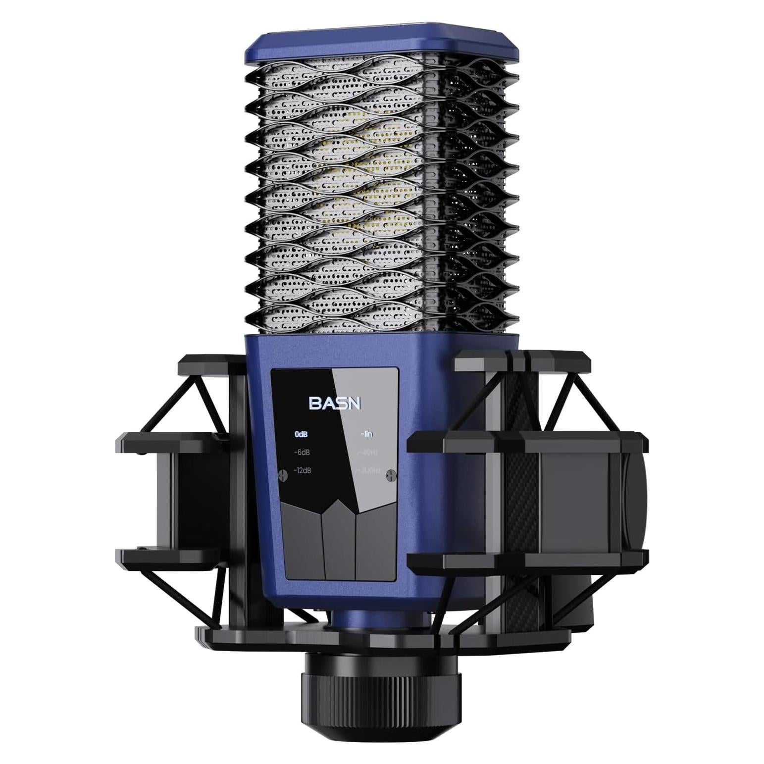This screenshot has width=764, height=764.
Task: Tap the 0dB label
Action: click(301, 435)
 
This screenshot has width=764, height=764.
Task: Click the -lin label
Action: click(366, 435)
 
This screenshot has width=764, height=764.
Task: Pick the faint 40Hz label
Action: click(367, 453)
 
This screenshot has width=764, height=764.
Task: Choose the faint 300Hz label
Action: click(369, 470)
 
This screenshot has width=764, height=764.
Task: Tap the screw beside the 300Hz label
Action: click(392, 475)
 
